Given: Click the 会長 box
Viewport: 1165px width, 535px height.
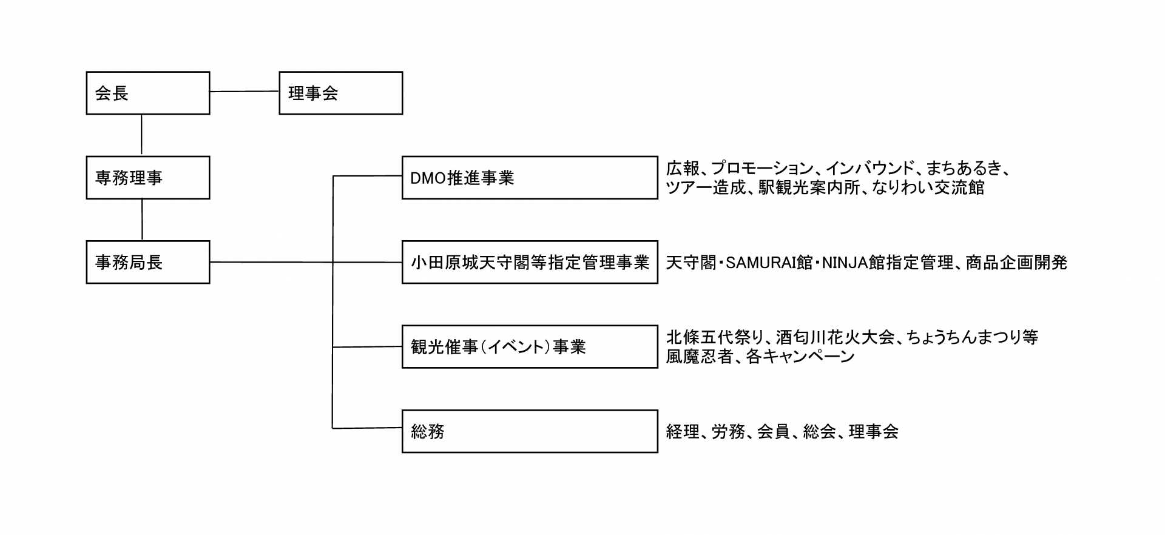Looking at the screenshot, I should click(x=148, y=93).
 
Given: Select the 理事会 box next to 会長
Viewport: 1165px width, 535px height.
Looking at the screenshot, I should click(x=340, y=93).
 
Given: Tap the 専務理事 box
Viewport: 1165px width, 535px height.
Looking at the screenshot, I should click(x=148, y=178).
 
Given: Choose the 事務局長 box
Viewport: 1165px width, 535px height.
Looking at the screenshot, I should click(x=148, y=262).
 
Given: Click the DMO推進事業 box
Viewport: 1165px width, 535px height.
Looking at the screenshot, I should click(x=530, y=178).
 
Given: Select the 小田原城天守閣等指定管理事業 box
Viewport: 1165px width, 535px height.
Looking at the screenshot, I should click(x=530, y=262).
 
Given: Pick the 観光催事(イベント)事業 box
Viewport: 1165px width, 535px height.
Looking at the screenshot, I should click(x=530, y=347).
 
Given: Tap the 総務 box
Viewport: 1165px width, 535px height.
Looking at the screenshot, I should click(x=530, y=431).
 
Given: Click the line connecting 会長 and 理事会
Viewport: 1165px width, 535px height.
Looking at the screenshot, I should click(x=244, y=92).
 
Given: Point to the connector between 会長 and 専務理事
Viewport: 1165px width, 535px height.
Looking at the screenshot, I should click(x=141, y=135).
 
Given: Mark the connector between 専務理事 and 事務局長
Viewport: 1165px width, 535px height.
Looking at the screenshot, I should click(x=142, y=220).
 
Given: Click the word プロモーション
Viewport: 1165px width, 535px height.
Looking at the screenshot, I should click(x=762, y=168).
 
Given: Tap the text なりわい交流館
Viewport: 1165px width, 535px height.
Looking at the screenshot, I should click(x=928, y=187).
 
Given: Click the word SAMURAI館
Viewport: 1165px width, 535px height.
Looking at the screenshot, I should click(x=769, y=263).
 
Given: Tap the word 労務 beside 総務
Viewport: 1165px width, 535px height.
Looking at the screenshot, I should click(x=728, y=432).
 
